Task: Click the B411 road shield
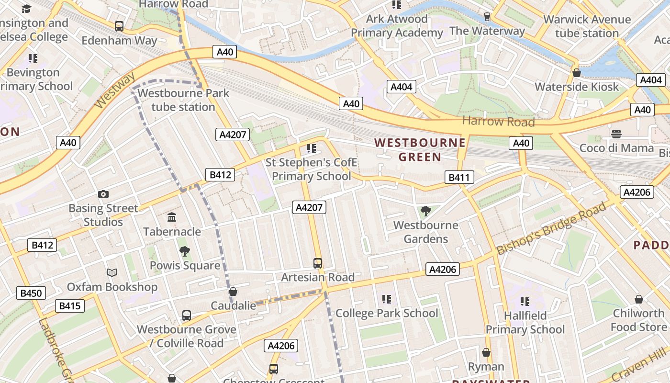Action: tap(459, 178)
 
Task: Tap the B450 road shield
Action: tap(31, 293)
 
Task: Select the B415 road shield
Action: tap(70, 306)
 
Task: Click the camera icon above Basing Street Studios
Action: tap(103, 194)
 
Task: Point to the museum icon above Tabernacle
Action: tap(172, 218)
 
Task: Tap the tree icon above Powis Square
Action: tap(184, 251)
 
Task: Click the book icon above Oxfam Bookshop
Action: tap(112, 273)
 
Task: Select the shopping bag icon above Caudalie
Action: tap(233, 292)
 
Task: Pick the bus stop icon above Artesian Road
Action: tap(317, 263)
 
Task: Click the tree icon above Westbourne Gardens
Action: tap(425, 211)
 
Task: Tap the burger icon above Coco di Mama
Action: tap(616, 134)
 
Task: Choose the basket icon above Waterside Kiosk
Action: tap(577, 73)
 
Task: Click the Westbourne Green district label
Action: tap(420, 150)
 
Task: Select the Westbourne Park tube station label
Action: tap(183, 100)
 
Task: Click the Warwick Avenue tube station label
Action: tap(587, 26)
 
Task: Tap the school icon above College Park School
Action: tap(387, 299)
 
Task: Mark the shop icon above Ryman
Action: tap(486, 353)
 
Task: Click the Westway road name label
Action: tap(115, 92)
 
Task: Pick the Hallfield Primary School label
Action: tap(525, 323)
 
